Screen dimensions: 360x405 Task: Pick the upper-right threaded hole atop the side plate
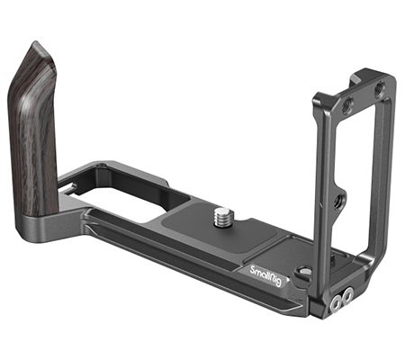(x=379, y=89)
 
